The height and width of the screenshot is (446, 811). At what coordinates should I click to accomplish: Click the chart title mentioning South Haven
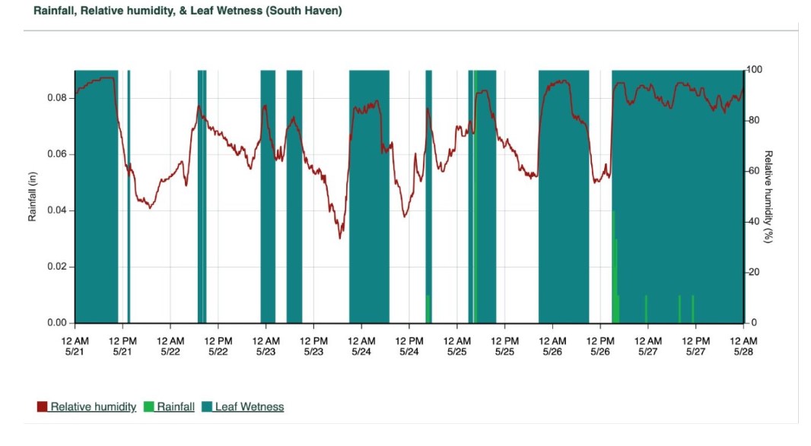click(188, 11)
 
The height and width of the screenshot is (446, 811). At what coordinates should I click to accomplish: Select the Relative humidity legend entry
click(93, 407)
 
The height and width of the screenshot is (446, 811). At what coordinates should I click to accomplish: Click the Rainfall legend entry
click(176, 407)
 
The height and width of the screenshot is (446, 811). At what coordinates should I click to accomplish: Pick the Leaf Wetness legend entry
click(249, 407)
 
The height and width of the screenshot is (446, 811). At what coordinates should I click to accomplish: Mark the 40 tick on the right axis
click(752, 222)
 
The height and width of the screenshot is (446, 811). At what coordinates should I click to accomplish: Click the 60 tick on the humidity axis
click(752, 171)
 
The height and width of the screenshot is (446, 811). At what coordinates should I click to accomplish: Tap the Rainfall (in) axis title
click(33, 196)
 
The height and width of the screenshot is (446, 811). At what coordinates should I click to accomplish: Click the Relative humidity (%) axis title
click(768, 196)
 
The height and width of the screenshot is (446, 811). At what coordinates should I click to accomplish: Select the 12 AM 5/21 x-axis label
click(75, 346)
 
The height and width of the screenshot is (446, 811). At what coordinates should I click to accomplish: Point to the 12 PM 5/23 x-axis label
click(313, 346)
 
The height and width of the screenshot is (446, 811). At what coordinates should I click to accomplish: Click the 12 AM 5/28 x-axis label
click(743, 346)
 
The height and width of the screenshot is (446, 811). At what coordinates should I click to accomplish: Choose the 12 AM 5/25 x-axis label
click(456, 346)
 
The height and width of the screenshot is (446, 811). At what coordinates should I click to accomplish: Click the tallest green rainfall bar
click(613, 266)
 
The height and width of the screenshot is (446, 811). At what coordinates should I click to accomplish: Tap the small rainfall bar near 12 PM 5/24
click(428, 308)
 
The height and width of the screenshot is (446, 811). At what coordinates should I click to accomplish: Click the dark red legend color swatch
click(43, 407)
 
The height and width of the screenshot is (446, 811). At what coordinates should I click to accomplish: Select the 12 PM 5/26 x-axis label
click(600, 346)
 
